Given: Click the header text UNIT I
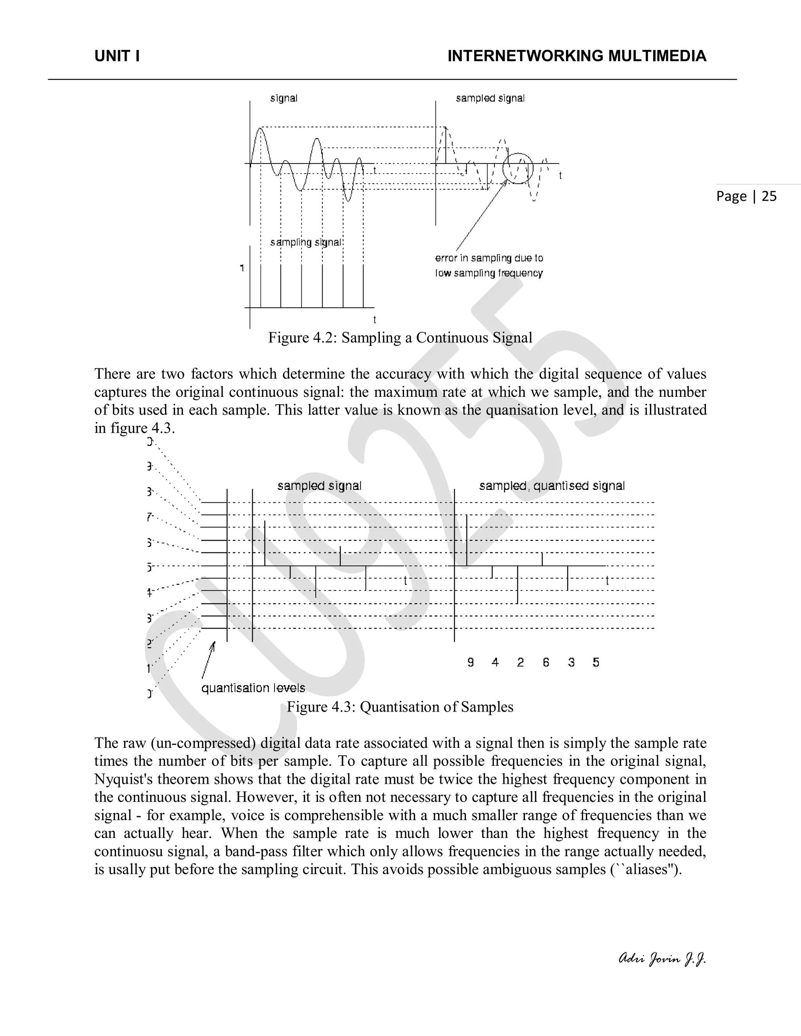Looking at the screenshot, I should click(x=117, y=56).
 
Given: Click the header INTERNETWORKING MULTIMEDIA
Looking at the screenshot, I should click(x=577, y=56).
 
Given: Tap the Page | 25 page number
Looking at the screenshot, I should click(x=746, y=196).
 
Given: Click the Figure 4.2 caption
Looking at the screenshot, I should click(x=400, y=338).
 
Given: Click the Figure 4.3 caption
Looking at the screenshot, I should click(x=400, y=707).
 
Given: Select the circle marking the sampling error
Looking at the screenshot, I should click(x=518, y=168).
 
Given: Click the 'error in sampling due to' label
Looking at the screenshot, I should click(x=489, y=258).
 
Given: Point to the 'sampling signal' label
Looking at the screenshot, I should click(x=305, y=242).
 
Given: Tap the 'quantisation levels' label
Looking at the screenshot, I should click(x=253, y=688).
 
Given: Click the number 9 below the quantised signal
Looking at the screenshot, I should click(x=470, y=662).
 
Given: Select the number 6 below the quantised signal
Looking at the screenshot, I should click(x=546, y=662).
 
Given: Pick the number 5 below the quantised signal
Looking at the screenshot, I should click(x=596, y=662).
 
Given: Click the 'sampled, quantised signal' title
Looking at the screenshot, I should click(x=551, y=486).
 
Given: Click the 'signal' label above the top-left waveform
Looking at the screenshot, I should click(x=284, y=98).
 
